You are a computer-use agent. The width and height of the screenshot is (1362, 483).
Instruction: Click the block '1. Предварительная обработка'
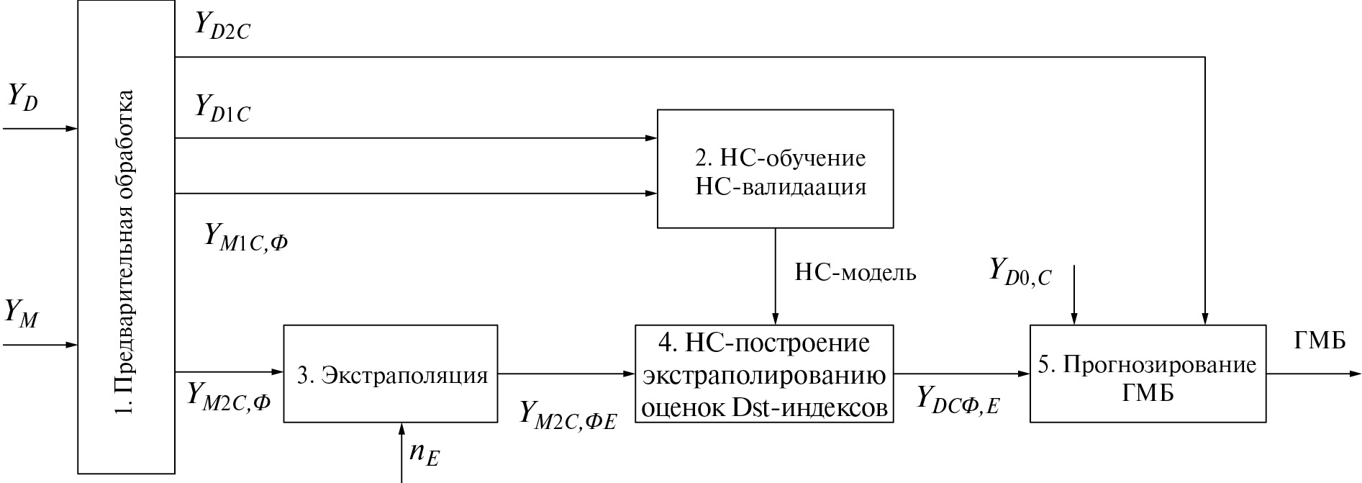click(x=127, y=238)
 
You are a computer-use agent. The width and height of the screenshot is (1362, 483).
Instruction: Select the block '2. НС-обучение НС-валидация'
click(x=776, y=169)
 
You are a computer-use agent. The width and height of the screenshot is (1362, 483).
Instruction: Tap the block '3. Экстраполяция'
click(x=391, y=374)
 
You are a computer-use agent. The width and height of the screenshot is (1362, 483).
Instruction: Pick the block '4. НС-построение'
click(x=764, y=374)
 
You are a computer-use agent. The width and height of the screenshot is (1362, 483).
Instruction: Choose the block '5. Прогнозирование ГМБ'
click(x=1148, y=374)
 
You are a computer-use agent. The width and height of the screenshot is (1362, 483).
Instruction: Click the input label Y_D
click(x=23, y=98)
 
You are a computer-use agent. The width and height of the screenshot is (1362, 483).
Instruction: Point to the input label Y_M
click(x=22, y=314)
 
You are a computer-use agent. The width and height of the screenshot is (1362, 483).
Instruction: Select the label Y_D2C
click(x=222, y=27)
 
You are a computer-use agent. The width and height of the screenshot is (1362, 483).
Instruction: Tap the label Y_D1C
click(x=222, y=109)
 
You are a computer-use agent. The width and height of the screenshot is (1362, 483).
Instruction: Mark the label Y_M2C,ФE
click(x=568, y=415)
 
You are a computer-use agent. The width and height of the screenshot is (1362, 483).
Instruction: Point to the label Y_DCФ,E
click(x=958, y=400)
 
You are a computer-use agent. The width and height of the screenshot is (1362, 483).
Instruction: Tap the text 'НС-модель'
click(x=855, y=273)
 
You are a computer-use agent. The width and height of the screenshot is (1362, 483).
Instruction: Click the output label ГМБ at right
click(x=1320, y=340)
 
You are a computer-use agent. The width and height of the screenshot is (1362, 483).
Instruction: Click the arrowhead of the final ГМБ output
click(x=1354, y=374)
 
